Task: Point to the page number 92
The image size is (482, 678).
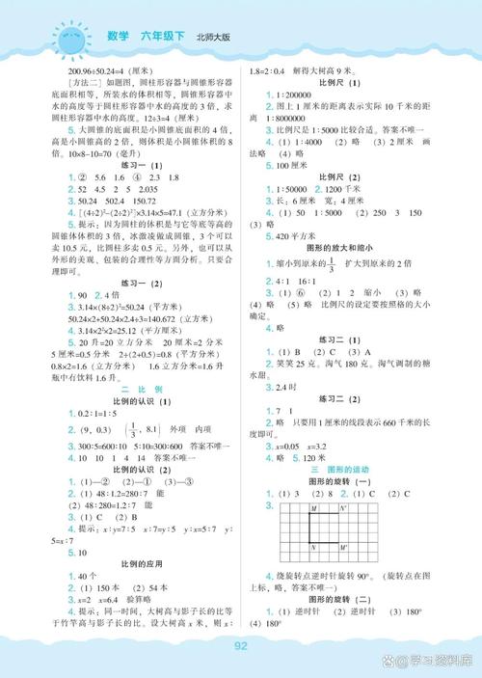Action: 242,646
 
